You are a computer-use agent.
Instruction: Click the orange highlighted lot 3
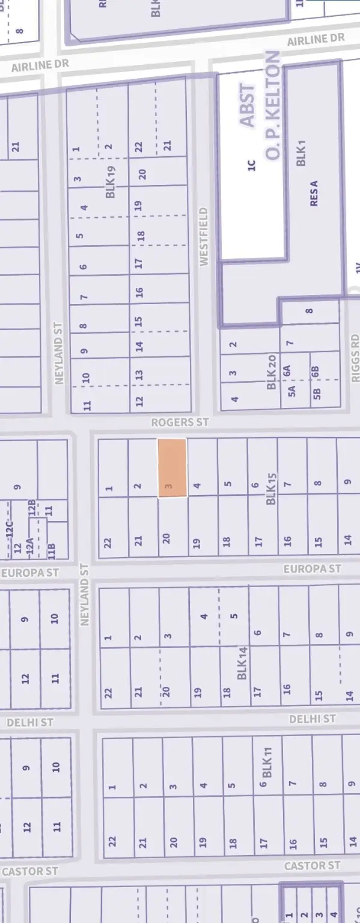click(172, 468)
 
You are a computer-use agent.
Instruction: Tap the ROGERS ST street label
click(179, 422)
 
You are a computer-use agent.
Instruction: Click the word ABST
click(247, 106)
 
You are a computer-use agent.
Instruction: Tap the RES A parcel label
click(314, 193)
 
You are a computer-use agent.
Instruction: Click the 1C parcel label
click(252, 166)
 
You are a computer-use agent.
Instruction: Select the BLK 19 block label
click(111, 182)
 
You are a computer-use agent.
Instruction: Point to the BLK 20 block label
click(271, 373)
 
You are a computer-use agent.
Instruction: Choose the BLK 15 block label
click(272, 489)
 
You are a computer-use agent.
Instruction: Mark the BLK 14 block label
click(242, 663)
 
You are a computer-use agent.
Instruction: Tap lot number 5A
click(292, 391)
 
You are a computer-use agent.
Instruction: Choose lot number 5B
click(317, 394)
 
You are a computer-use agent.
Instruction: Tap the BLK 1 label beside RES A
click(302, 153)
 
